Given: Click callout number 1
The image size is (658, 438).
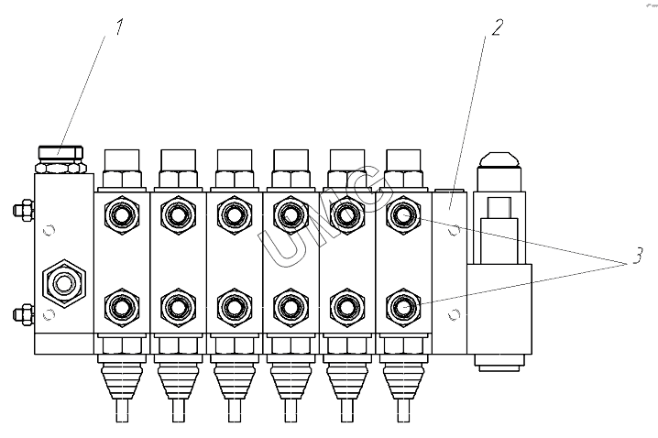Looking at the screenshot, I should click(x=119, y=27).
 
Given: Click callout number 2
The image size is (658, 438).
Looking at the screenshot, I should click(x=496, y=27).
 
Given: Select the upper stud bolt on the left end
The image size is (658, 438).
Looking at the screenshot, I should click(x=18, y=211).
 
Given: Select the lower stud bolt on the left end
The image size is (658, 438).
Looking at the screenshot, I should click(x=18, y=314).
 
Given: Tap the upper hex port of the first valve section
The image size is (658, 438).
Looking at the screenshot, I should click(x=121, y=215).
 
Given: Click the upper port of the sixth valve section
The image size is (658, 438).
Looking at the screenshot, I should click(x=400, y=215).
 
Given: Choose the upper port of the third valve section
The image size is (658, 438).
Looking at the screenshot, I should click(x=233, y=215).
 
